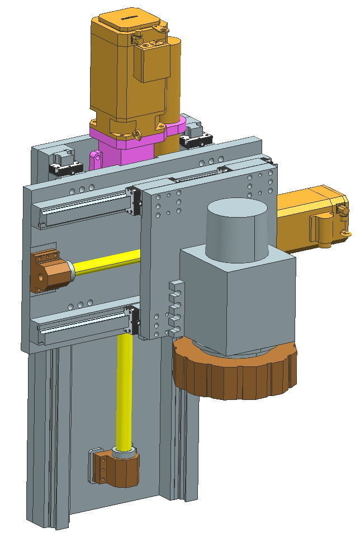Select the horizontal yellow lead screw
pos(106,263)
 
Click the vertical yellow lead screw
pos(124,392)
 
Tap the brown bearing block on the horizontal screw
pos(48,272)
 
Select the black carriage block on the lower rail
pos(133,322)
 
